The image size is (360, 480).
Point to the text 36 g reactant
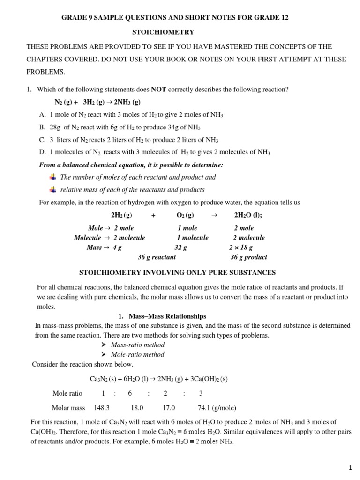click(x=157, y=257)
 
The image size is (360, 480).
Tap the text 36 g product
click(x=249, y=257)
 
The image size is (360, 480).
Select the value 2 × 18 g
click(x=241, y=247)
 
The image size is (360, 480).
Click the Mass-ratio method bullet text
click(x=138, y=345)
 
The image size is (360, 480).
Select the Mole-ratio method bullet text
click(x=138, y=355)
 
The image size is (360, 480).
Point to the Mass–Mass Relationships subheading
click(x=167, y=316)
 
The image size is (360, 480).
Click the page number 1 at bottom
click(x=350, y=468)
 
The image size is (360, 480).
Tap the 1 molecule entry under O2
click(x=193, y=238)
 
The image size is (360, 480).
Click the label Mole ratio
click(x=67, y=394)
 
